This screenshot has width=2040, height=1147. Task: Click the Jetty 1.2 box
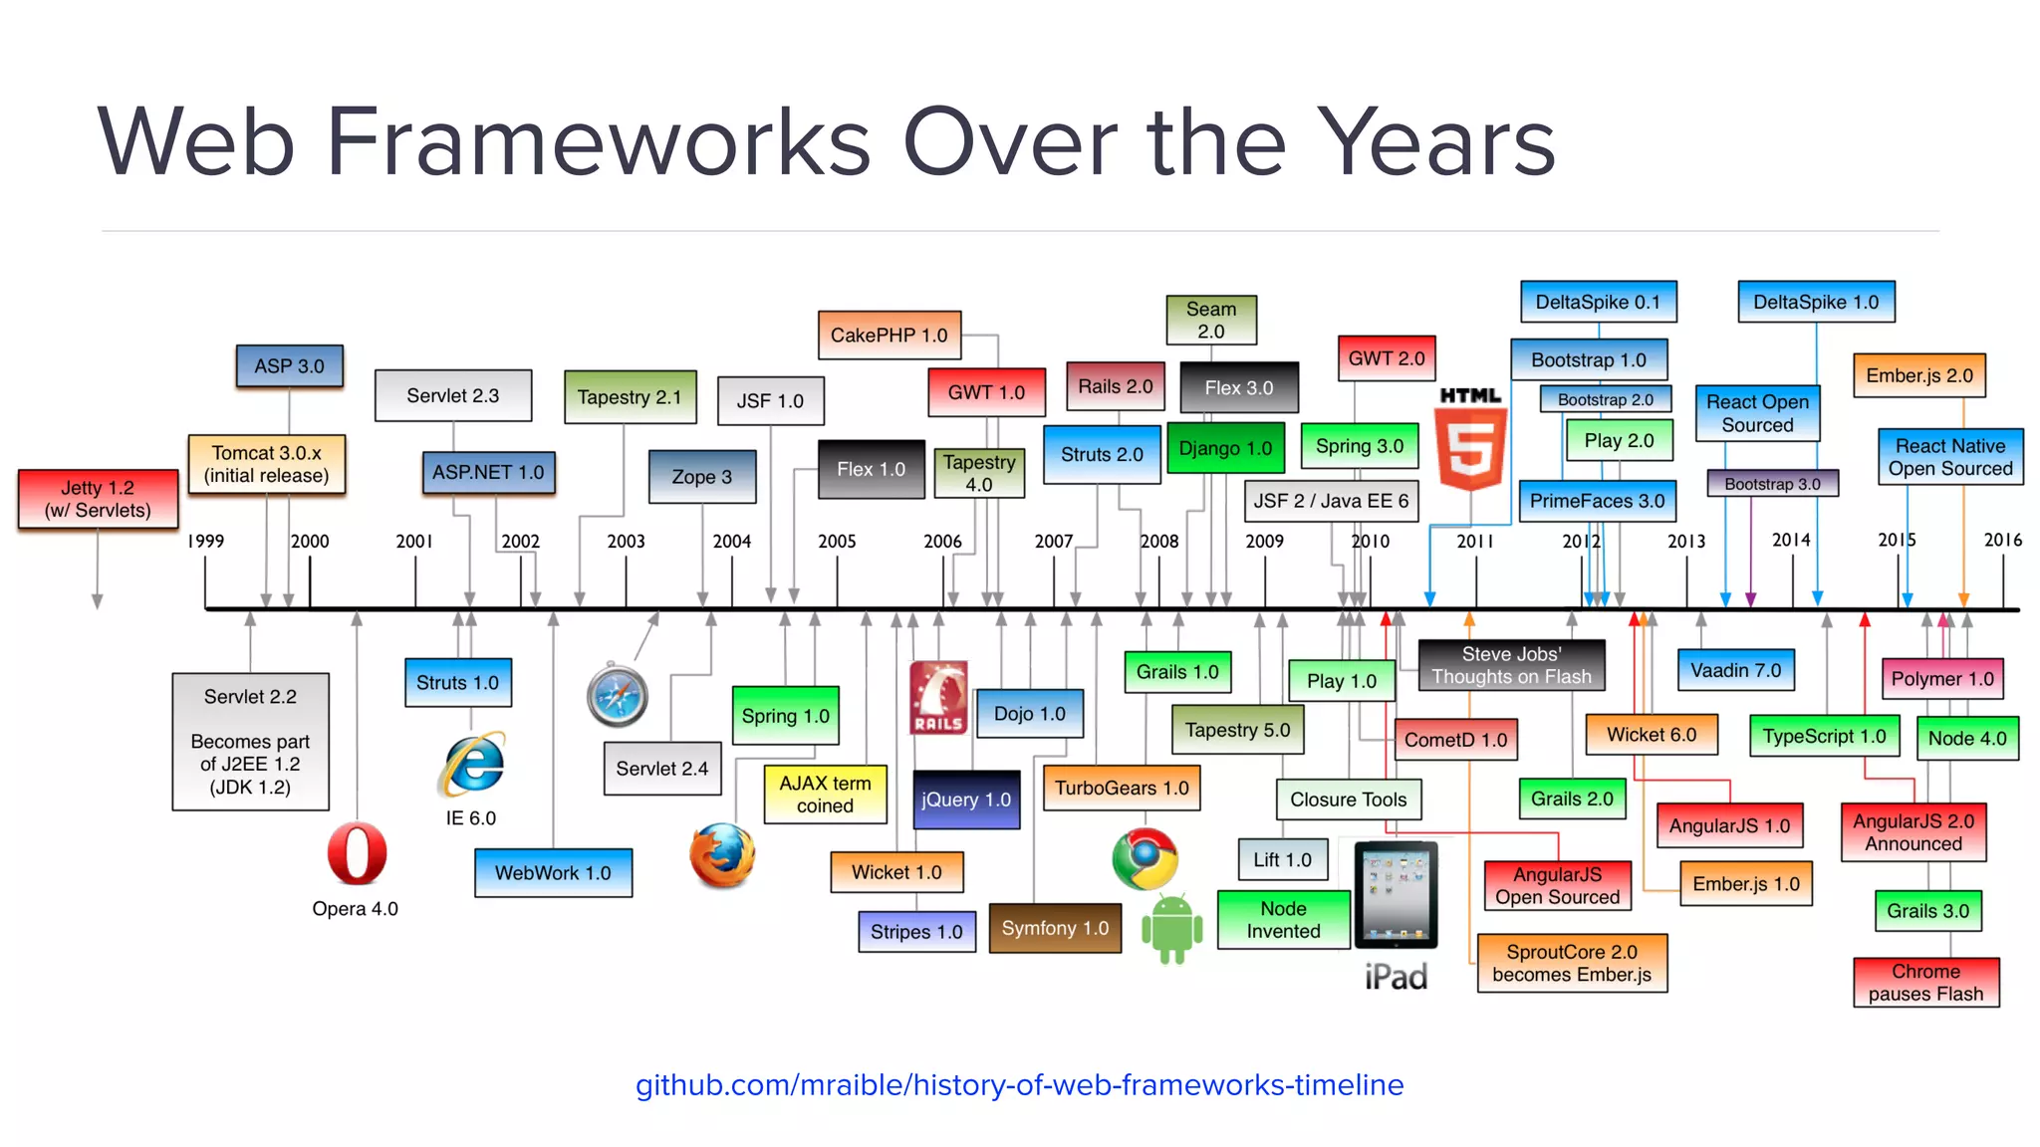98,499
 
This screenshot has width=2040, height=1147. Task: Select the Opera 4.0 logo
357,853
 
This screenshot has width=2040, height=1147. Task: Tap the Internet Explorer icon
472,765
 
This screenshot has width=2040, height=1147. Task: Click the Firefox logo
722,855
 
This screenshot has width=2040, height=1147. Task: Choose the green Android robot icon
1171,928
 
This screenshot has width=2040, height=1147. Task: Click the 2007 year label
1053,541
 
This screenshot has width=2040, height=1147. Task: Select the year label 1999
206,541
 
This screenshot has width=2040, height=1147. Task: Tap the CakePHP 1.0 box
890,336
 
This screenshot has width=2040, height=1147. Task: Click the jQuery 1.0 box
966,800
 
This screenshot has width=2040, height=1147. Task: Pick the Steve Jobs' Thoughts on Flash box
1511,665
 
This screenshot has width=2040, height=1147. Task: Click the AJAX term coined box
825,794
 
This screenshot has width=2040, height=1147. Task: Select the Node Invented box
1283,919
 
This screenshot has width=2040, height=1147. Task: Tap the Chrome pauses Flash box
1925,982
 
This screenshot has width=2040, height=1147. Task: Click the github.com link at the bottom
1019,1084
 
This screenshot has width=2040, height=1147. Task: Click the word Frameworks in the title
598,141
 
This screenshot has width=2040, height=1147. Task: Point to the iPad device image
1396,895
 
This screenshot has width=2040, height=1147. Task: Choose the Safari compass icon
618,694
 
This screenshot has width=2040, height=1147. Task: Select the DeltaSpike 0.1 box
1598,302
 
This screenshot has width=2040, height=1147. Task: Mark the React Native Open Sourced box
1949,457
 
